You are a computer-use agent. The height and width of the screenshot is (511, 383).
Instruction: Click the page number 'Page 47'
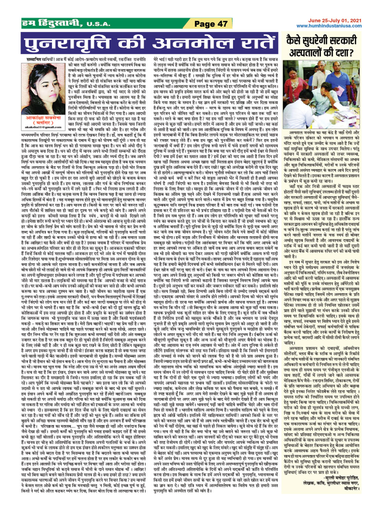click(x=211, y=24)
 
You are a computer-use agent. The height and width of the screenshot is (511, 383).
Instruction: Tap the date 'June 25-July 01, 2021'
click(x=335, y=21)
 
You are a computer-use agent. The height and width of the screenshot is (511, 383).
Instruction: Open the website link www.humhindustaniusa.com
click(x=329, y=26)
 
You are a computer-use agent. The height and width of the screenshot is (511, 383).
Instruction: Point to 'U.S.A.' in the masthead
click(x=98, y=24)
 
